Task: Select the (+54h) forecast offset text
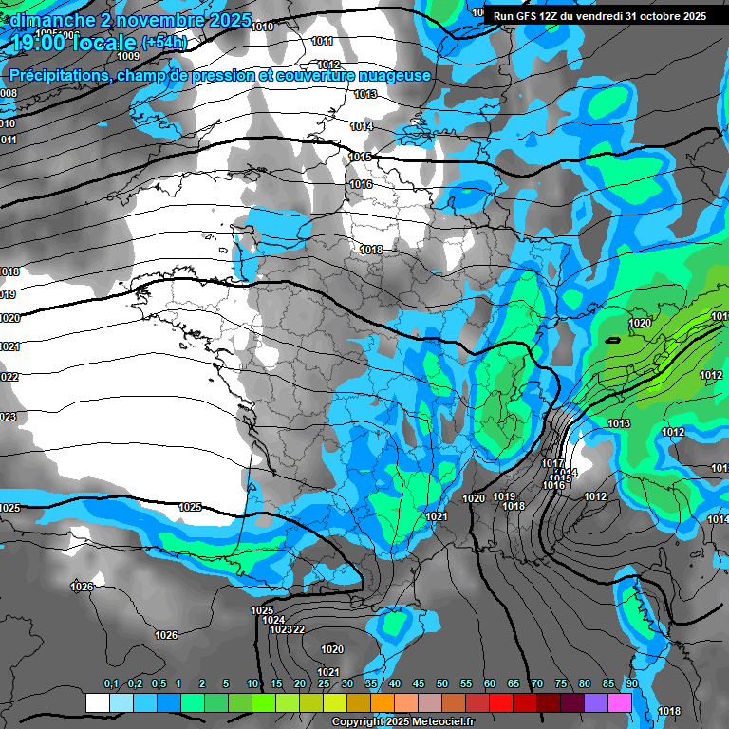[164, 42]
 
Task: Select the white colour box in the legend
[97, 702]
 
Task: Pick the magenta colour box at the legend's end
[620, 702]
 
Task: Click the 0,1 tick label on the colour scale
[110, 684]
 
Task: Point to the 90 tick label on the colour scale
[631, 684]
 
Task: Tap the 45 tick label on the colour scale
[419, 684]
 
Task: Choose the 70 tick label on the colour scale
[536, 684]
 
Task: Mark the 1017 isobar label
[552, 463]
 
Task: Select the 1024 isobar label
[273, 620]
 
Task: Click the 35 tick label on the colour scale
[371, 684]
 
